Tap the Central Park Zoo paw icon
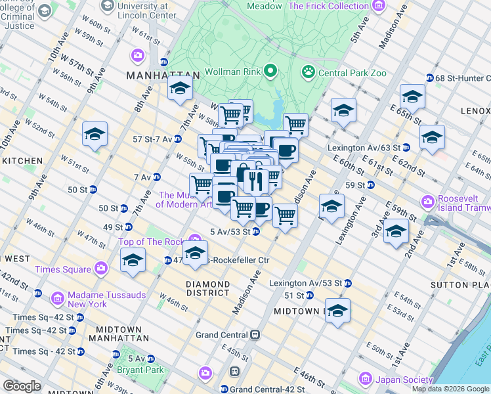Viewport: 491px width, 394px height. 307,71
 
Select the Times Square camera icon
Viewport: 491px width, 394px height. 101,267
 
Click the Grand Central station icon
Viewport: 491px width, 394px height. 255,334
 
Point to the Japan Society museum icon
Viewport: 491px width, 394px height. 365,379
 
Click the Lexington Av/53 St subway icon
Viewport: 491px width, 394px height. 348,283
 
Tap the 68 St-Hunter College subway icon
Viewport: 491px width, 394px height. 430,77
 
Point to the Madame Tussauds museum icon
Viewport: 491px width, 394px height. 57,299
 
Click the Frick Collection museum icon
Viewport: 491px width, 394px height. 377,6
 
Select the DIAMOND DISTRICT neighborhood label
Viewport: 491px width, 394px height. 207,289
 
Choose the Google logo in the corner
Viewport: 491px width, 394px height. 22,386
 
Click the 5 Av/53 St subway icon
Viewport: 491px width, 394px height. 255,231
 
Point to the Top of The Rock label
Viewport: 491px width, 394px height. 152,242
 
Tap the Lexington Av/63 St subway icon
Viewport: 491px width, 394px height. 406,147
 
